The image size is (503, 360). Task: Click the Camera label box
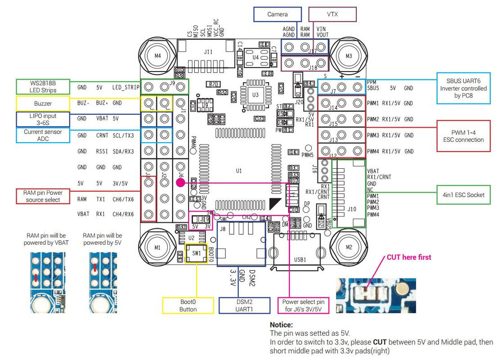pos(277,14)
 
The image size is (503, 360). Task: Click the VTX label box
pos(332,14)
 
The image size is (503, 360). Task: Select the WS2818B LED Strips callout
pos(43,87)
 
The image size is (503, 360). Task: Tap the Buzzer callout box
pos(43,103)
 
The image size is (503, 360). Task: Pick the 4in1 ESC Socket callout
pos(463,195)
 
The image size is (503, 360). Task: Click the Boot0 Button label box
pos(188,306)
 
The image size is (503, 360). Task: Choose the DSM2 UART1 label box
pos(244,306)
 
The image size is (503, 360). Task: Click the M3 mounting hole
pos(349,56)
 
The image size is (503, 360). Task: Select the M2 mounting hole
pos(349,248)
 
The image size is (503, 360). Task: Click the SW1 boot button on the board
pos(196,253)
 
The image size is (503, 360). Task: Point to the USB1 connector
pos(301,260)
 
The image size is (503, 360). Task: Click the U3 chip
pos(256,95)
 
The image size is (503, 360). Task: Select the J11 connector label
pos(208,52)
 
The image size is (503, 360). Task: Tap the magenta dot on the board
pos(180,183)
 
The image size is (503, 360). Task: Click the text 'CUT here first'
pos(409,257)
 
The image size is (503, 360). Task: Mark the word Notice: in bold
pos(281,324)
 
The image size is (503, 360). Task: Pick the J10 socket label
pos(352,209)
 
